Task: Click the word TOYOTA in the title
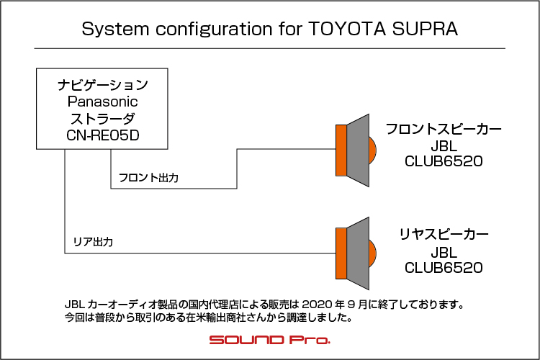[x=347, y=29]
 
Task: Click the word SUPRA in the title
[x=425, y=29]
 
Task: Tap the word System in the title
[x=115, y=30]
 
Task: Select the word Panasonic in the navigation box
[x=103, y=102]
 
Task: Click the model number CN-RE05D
[x=103, y=135]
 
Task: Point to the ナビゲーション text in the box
[x=103, y=85]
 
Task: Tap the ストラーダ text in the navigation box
[x=103, y=119]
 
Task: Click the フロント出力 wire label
[x=148, y=178]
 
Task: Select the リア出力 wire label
[x=93, y=242]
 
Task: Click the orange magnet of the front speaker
[x=341, y=150]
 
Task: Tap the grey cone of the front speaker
[x=358, y=150]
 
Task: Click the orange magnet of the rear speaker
[x=341, y=253]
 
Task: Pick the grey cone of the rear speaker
[x=358, y=253]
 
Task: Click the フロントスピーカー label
[x=444, y=129]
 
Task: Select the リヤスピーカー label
[x=444, y=234]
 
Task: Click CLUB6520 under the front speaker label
[x=444, y=161]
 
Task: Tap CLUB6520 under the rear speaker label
[x=444, y=268]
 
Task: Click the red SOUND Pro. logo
[x=270, y=340]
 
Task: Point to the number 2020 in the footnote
[x=318, y=305]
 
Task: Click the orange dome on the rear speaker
[x=373, y=253]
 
